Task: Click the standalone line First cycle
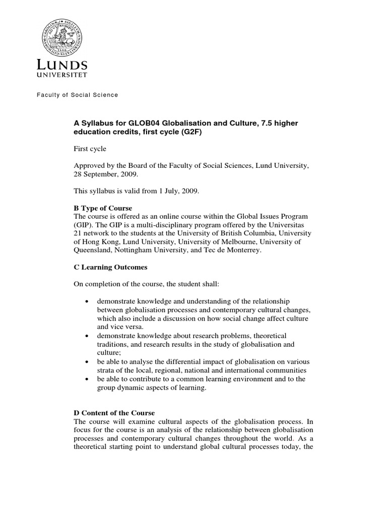coord(91,150)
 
